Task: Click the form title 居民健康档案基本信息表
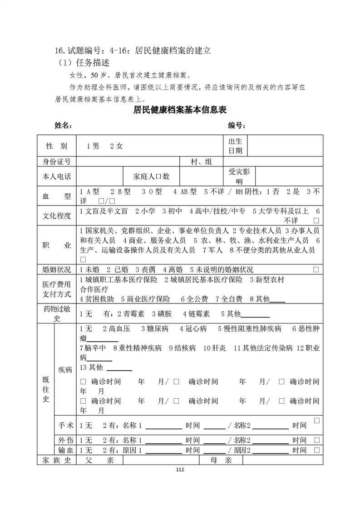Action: pos(180,110)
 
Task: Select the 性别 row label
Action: pos(57,146)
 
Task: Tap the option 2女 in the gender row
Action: pos(116,146)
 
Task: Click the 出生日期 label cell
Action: pos(235,146)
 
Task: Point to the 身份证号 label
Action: pos(57,162)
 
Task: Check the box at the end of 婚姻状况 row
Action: pos(316,269)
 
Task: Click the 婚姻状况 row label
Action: pos(57,269)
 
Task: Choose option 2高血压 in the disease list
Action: pos(117,328)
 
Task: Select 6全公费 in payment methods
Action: pos(194,299)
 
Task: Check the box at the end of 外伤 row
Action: pos(316,440)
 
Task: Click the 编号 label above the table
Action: pos(237,125)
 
